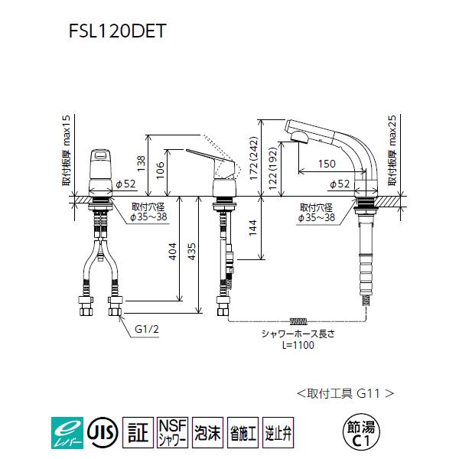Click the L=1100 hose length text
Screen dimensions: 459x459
click(x=296, y=345)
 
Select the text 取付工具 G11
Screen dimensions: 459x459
click(x=344, y=393)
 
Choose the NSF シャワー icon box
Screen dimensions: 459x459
click(x=171, y=430)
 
